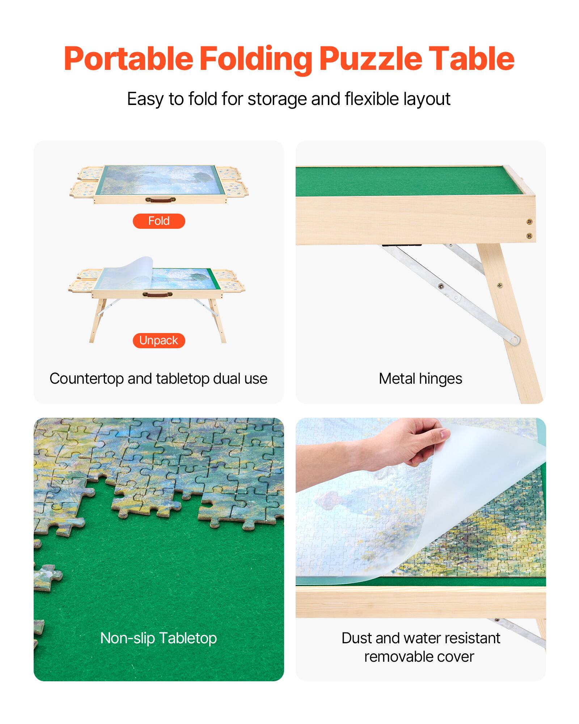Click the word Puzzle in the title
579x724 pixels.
pos(370,59)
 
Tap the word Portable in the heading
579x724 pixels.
pos(128,59)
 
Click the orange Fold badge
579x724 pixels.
pos(159,221)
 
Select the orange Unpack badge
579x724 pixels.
pos(159,341)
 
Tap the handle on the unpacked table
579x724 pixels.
pos(157,295)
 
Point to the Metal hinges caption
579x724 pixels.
pos(420,379)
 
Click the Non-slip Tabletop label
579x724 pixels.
pos(159,638)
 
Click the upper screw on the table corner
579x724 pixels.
pos(529,222)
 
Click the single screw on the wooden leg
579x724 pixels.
pos(500,286)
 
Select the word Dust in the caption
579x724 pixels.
pos(356,638)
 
